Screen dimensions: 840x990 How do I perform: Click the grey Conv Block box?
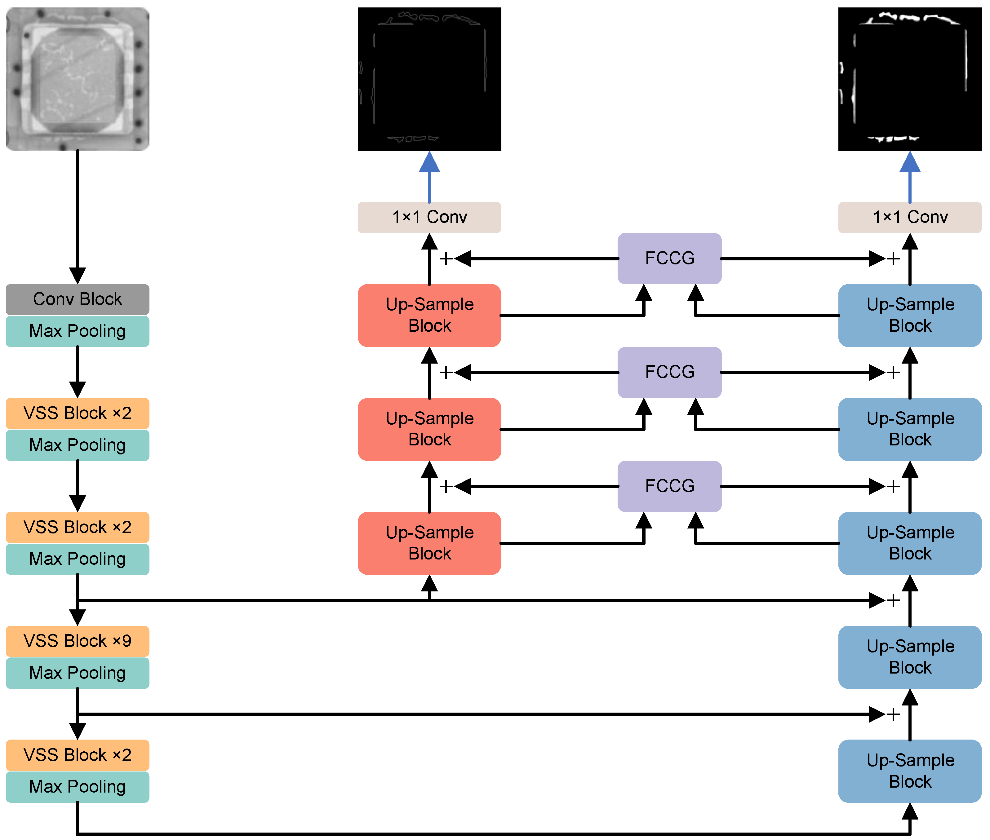click(x=77, y=299)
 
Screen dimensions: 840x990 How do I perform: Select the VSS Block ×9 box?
click(x=77, y=641)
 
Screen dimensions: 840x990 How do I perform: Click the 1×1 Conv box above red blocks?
click(x=429, y=217)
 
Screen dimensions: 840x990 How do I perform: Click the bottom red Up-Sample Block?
click(x=429, y=543)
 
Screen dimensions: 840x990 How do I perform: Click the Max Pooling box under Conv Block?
click(x=77, y=331)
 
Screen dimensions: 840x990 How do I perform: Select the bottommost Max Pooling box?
click(x=77, y=787)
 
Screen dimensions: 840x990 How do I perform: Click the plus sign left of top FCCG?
click(x=446, y=259)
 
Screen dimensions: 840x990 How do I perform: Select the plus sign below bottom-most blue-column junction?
click(x=893, y=714)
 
